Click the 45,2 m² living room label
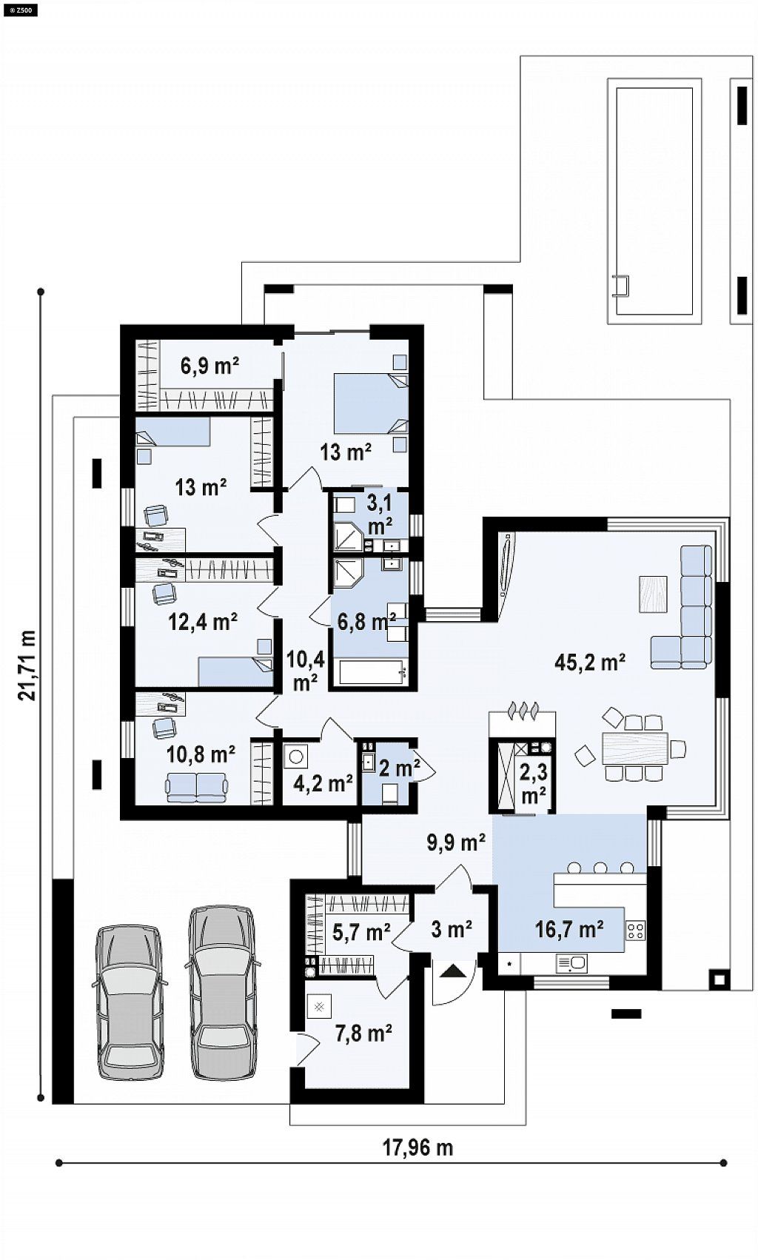(590, 663)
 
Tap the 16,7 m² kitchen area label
(570, 928)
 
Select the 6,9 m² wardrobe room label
(209, 366)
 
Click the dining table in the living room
(635, 748)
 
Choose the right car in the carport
(222, 993)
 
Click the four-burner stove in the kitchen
(636, 930)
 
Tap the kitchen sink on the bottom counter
(571, 964)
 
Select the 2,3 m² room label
(533, 785)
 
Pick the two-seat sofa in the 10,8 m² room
(196, 787)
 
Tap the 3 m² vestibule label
(452, 929)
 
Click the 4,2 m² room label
(324, 783)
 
